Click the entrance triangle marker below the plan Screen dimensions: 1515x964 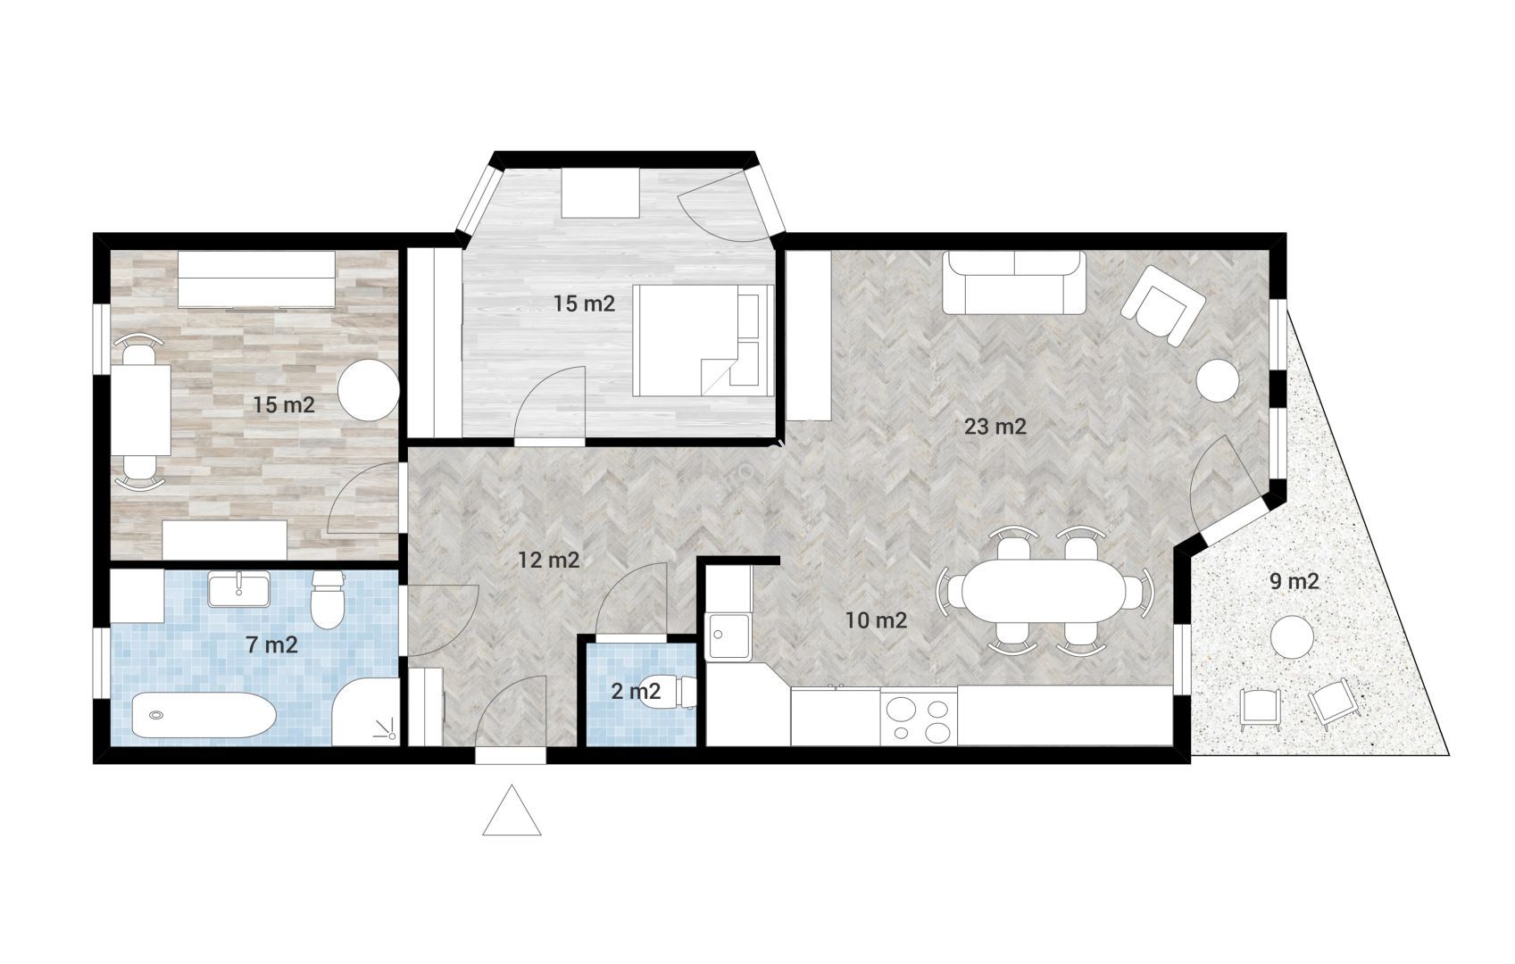(512, 811)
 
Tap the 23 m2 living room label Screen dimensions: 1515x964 (995, 427)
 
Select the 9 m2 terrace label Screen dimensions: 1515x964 (1294, 581)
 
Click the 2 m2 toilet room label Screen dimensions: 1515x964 (635, 691)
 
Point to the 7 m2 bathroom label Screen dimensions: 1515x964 (272, 645)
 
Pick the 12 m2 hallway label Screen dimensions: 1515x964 (548, 560)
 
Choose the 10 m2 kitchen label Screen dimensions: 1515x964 (876, 620)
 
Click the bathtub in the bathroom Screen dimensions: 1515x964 (204, 715)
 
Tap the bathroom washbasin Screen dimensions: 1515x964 (238, 589)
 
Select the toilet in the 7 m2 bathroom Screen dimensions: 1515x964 (328, 600)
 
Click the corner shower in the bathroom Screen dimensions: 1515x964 (365, 712)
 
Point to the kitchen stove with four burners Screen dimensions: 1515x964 (919, 718)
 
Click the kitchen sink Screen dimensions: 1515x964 (728, 636)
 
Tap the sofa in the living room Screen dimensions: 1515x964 (1014, 283)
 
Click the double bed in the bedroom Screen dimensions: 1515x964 (703, 340)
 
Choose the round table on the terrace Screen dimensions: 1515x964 (1292, 636)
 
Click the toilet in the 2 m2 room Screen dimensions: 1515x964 (668, 692)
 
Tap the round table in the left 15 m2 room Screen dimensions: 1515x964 (369, 390)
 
